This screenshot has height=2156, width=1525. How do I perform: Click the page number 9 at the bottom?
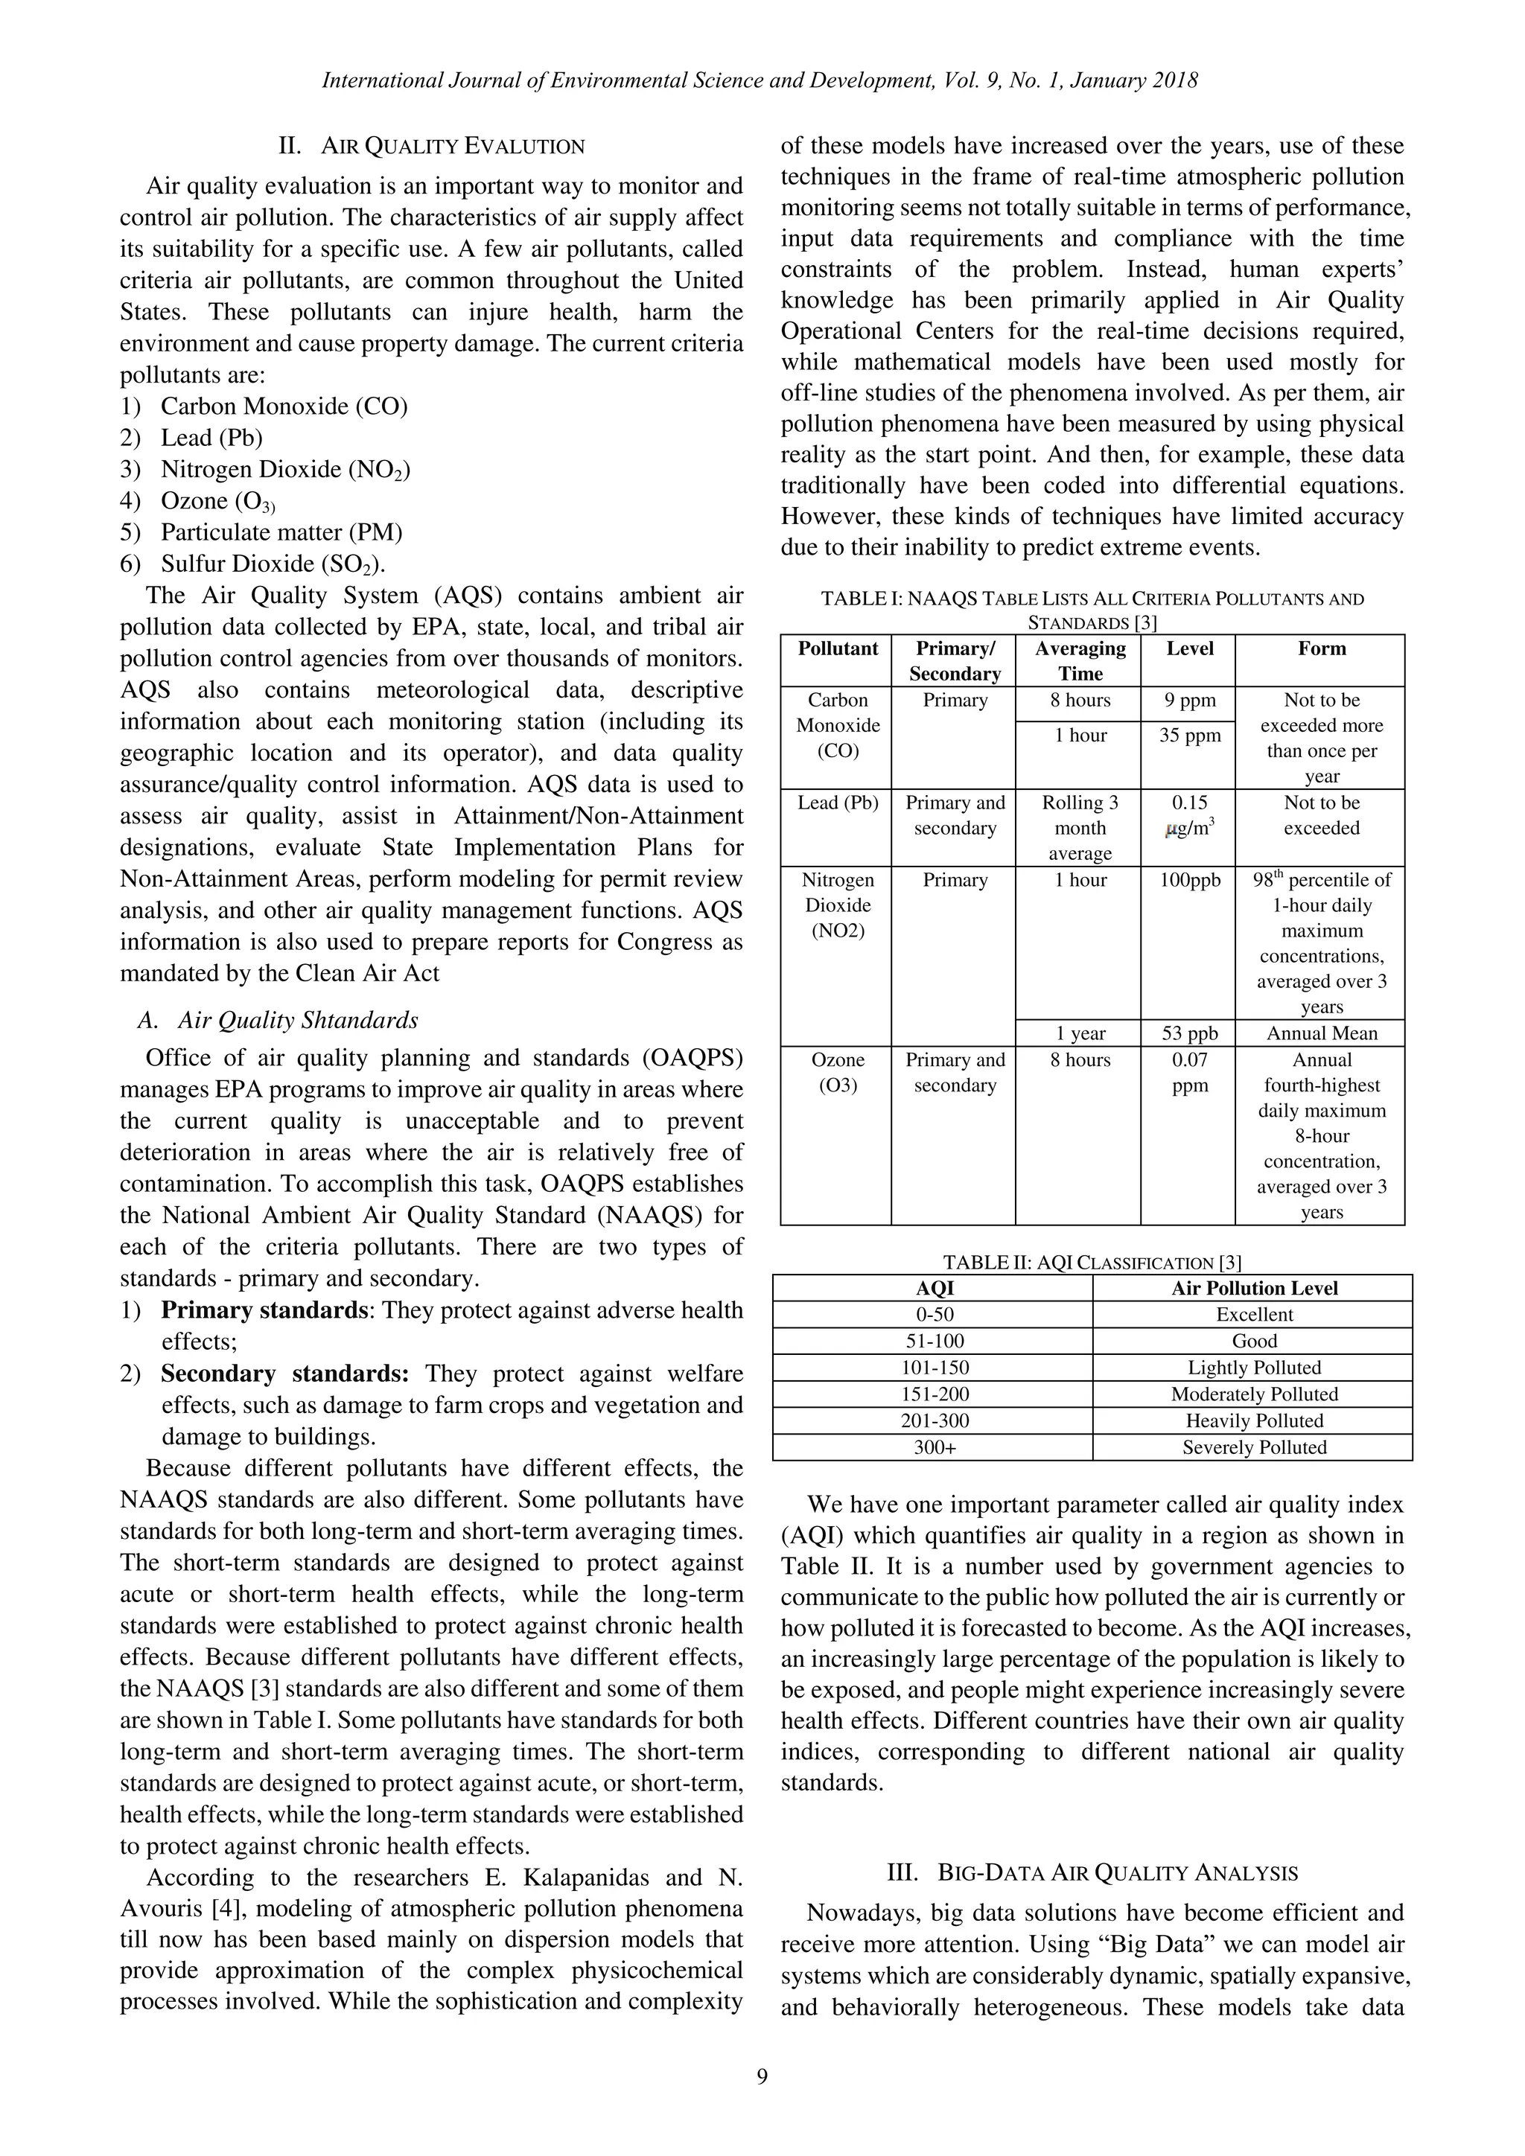click(x=762, y=2076)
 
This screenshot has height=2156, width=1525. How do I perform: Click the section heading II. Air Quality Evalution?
click(x=431, y=147)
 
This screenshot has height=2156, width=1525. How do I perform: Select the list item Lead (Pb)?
click(x=211, y=438)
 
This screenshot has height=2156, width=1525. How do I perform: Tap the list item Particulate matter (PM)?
click(x=281, y=532)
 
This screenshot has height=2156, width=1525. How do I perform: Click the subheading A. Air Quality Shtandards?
click(x=278, y=1020)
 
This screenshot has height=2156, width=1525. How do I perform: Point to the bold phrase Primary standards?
click(x=263, y=1310)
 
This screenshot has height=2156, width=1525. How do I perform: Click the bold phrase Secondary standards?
click(x=284, y=1374)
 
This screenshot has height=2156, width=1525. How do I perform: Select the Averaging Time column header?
click(x=1079, y=660)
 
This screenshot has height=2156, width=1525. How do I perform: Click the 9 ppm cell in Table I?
click(x=1189, y=701)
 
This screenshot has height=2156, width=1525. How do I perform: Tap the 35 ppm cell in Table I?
click(x=1189, y=736)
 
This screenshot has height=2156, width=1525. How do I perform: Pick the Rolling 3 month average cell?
click(x=1079, y=827)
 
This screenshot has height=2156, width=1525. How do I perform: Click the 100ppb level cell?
click(x=1189, y=880)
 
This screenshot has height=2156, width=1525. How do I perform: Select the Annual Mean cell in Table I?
click(x=1321, y=1033)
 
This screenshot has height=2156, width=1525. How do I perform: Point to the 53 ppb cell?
click(x=1189, y=1033)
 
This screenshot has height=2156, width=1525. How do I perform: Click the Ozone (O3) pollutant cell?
click(x=837, y=1071)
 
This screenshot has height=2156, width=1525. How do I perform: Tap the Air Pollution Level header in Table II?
click(x=1254, y=1289)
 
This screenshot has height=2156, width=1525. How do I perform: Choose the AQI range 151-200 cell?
click(x=935, y=1394)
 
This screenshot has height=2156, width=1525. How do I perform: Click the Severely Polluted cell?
click(x=1254, y=1447)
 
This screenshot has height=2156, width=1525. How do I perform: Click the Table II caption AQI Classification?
click(x=1092, y=1263)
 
